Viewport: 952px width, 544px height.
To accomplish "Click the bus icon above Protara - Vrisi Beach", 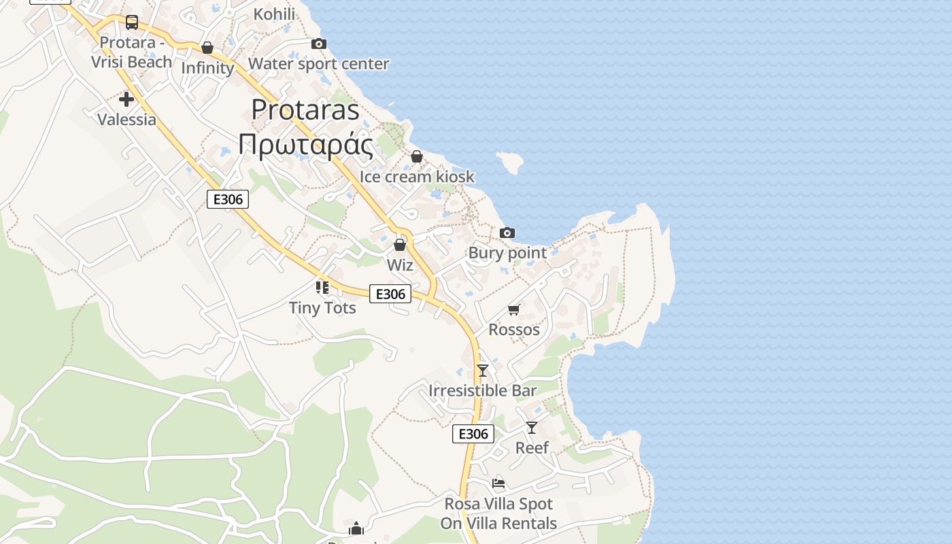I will [132, 22].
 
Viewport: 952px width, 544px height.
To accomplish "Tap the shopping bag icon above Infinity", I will [207, 48].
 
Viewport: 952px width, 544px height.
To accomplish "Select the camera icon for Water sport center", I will [318, 44].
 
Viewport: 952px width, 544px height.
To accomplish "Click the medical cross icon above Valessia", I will [126, 99].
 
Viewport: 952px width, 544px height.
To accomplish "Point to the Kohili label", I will [274, 14].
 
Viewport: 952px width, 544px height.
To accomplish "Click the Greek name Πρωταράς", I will [305, 145].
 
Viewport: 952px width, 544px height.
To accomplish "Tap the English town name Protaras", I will [305, 109].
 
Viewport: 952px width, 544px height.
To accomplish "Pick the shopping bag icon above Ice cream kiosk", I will [417, 157].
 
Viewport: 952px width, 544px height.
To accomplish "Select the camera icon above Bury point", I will [507, 233].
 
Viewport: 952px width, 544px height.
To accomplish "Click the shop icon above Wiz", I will [400, 244].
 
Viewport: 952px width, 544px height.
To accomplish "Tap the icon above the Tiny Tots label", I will [322, 288].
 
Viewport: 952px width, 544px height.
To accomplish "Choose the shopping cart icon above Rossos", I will [514, 310].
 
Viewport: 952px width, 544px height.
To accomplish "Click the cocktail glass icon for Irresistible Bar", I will [483, 371].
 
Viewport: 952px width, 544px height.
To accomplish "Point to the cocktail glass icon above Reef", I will [532, 428].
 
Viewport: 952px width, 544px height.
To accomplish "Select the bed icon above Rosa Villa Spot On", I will [498, 484].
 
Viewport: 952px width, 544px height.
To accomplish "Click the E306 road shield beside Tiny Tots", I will [390, 294].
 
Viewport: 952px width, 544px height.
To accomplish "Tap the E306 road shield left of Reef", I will [473, 434].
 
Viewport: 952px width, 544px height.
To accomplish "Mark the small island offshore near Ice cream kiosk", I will [510, 162].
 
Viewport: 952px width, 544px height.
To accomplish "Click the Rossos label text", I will [514, 330].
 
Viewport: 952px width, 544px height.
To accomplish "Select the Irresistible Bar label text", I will [483, 391].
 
